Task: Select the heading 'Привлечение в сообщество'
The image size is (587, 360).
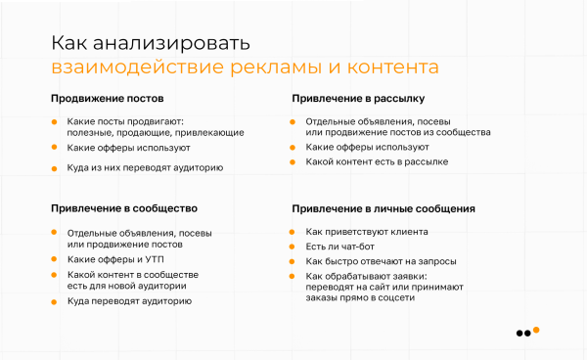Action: [124, 208]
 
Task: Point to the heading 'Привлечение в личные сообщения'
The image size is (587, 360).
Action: [384, 208]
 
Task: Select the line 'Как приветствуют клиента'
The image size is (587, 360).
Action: [366, 232]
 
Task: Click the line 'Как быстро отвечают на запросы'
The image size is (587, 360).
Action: [381, 261]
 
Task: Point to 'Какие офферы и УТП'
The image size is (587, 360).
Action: [114, 259]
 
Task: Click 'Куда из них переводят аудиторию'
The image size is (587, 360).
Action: [145, 167]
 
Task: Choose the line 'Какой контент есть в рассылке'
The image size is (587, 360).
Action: [377, 161]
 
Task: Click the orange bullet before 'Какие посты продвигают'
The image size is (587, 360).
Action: [55, 121]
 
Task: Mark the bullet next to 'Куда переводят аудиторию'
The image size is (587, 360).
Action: [55, 301]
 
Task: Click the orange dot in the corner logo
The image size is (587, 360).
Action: [536, 333]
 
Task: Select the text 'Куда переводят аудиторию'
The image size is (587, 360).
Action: [129, 301]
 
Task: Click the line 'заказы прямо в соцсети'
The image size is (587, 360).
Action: [360, 298]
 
